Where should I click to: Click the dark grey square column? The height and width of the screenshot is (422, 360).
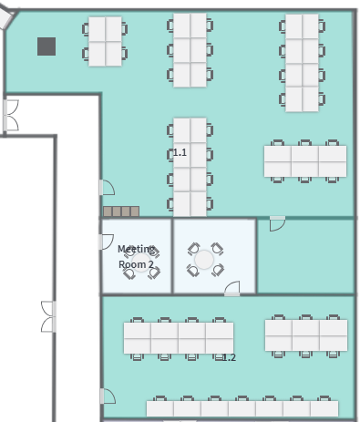click(x=46, y=46)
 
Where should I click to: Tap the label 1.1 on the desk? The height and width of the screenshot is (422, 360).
click(x=180, y=152)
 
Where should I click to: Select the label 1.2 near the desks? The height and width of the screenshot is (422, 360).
click(x=229, y=357)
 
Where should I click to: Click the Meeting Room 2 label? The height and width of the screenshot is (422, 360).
click(x=136, y=257)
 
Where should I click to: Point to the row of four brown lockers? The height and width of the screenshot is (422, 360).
click(x=121, y=211)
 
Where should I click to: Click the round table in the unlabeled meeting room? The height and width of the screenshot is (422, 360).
click(x=204, y=260)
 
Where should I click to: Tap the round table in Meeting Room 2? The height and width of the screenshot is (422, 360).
click(x=141, y=262)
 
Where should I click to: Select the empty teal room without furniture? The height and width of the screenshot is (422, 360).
click(x=305, y=256)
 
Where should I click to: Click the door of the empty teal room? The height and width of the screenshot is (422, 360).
click(x=277, y=223)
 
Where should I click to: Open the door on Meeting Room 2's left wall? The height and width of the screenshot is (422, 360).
click(x=107, y=242)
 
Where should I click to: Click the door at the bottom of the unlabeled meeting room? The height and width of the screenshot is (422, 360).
click(x=232, y=288)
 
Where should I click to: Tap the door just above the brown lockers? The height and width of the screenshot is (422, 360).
click(x=107, y=188)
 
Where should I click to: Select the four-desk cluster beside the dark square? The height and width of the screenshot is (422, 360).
click(x=105, y=41)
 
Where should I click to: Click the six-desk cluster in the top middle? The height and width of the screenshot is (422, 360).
click(x=190, y=50)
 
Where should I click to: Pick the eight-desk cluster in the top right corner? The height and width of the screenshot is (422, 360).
click(x=303, y=63)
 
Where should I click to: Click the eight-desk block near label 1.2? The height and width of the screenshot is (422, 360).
click(x=179, y=338)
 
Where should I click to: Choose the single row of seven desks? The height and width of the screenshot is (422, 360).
click(x=242, y=407)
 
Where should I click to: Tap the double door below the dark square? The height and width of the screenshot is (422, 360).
click(x=11, y=116)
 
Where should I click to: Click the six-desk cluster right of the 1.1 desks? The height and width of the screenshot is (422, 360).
click(x=305, y=161)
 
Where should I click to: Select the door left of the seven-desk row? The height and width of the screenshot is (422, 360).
click(x=108, y=396)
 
